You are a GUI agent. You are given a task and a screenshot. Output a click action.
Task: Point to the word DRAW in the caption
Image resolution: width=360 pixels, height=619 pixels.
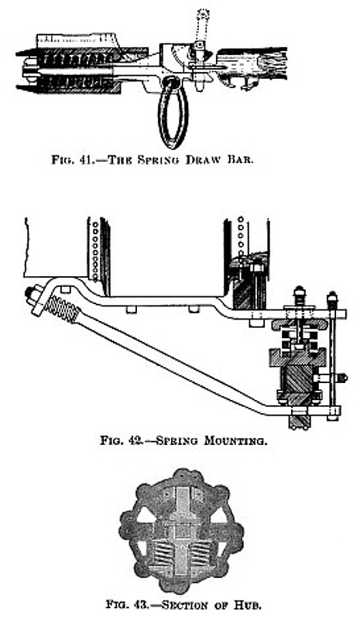[201, 161]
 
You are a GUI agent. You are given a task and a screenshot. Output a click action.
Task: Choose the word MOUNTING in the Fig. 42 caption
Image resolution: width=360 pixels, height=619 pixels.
[235, 440]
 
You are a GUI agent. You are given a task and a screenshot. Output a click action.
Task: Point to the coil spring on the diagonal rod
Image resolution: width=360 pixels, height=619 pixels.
[62, 309]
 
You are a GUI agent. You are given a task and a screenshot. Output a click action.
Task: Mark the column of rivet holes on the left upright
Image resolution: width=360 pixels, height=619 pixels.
[94, 250]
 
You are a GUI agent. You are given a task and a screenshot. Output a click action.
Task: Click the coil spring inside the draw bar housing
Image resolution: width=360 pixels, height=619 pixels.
[75, 71]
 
